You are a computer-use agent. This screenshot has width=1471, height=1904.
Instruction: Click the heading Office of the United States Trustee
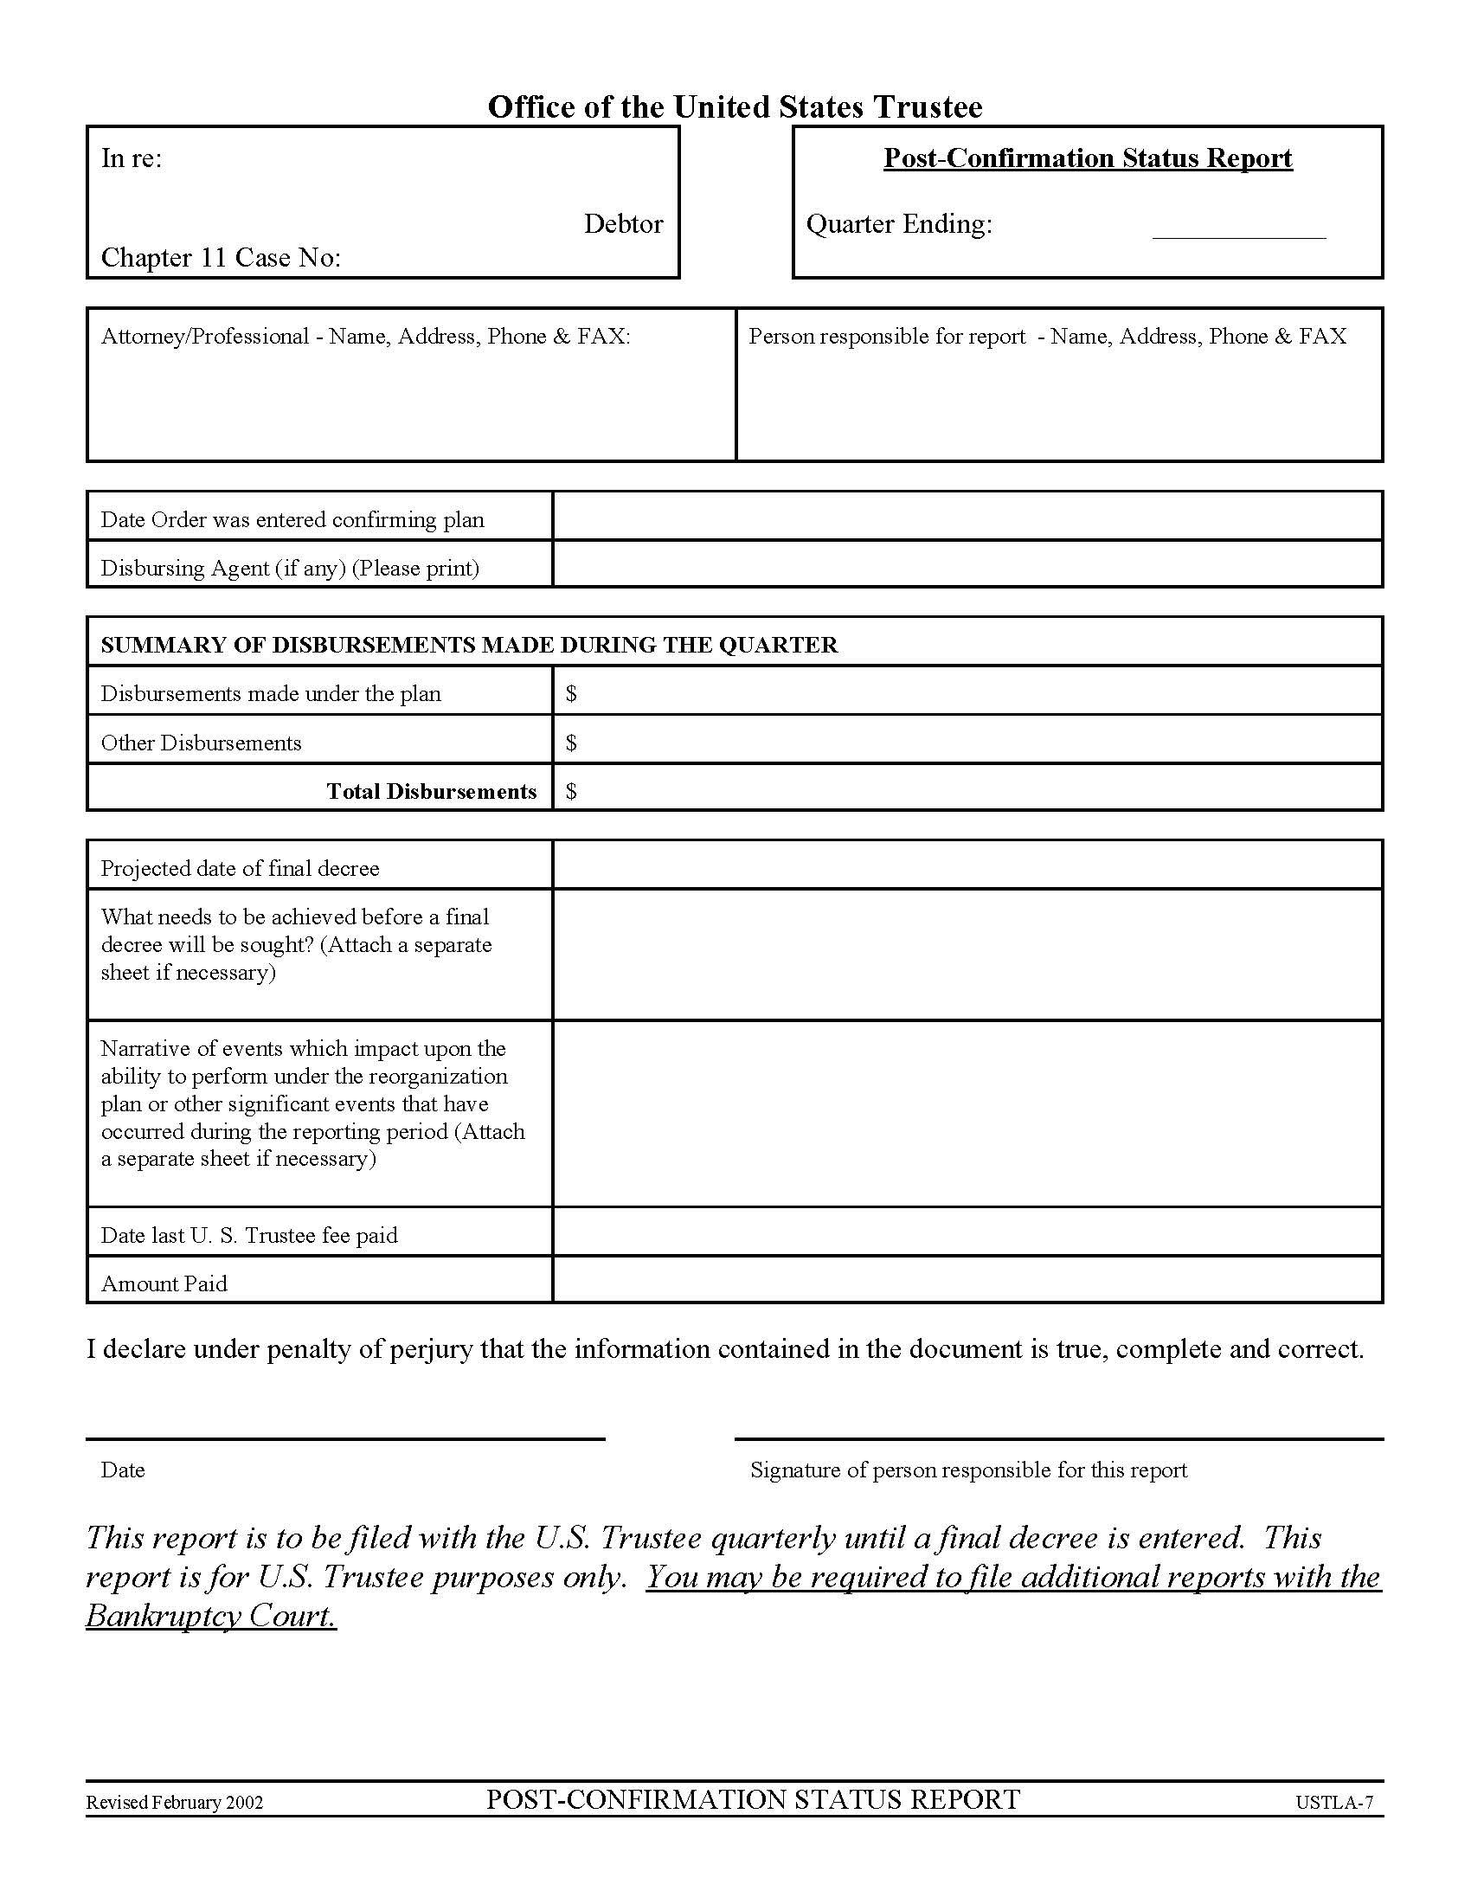(735, 107)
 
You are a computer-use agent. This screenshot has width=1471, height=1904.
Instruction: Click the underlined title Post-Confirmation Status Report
(1087, 158)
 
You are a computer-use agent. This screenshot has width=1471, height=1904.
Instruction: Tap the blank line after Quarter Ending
(1237, 229)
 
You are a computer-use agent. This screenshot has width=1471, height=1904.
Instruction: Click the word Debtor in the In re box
(623, 224)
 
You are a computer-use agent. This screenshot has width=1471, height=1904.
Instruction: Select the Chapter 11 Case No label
(221, 258)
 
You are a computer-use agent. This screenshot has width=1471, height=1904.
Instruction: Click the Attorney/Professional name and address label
(365, 337)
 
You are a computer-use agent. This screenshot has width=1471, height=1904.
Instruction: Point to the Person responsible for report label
(1047, 337)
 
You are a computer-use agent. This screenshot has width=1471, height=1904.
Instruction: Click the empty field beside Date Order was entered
(967, 516)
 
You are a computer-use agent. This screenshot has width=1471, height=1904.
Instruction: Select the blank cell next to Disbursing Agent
(967, 565)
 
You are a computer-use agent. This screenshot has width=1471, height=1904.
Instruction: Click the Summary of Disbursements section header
(469, 645)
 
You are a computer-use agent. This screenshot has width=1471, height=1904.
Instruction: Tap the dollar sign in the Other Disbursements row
(571, 743)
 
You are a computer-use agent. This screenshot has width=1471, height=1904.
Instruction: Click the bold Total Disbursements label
(432, 792)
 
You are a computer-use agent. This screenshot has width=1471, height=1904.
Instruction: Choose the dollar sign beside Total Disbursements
(571, 792)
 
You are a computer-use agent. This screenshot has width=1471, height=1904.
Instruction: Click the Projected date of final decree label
(240, 868)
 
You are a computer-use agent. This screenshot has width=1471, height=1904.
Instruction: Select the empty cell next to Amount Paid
(967, 1281)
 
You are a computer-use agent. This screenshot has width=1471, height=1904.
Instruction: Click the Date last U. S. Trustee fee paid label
(249, 1235)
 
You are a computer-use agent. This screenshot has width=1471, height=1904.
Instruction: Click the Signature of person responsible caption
(968, 1470)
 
